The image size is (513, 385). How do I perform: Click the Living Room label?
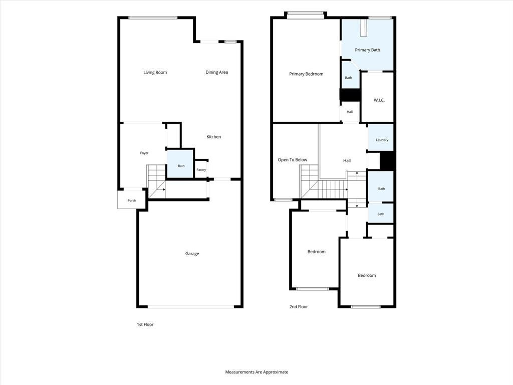[155, 72]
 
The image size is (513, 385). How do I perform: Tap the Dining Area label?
[216, 72]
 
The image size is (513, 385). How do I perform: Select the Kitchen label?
[213, 136]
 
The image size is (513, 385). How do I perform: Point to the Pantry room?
[201, 169]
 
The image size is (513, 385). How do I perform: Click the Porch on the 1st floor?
[132, 200]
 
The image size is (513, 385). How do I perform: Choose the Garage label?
[192, 253]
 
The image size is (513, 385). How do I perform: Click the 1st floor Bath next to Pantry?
[180, 164]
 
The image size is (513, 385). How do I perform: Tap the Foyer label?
[144, 153]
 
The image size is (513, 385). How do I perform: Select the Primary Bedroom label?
[306, 74]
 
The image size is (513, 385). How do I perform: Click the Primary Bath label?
[367, 50]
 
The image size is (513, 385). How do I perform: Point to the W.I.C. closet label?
[379, 100]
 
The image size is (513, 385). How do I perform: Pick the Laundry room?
[381, 137]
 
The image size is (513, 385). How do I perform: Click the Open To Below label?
[293, 160]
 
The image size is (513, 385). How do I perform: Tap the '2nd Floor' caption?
[299, 307]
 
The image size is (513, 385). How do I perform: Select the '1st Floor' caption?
[145, 324]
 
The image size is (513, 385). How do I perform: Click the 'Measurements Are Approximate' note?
[256, 372]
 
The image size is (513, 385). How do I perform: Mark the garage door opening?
[191, 307]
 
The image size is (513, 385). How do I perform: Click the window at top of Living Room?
[153, 18]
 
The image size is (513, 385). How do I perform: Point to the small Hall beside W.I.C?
[350, 112]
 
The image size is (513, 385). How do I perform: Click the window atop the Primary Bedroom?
[306, 14]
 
